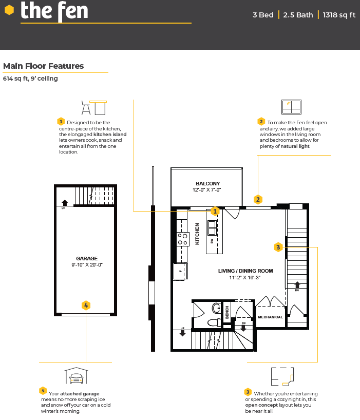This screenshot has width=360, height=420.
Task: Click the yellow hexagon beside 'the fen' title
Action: (x=9, y=10)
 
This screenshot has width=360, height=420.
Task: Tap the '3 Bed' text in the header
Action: (x=263, y=15)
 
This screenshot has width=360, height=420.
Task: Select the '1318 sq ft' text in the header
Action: (x=339, y=15)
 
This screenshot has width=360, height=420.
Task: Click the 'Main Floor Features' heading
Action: (x=43, y=66)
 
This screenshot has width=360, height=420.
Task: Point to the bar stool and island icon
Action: (x=94, y=108)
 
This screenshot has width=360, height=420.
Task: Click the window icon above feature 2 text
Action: (x=291, y=107)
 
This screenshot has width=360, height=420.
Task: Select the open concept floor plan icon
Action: (x=282, y=376)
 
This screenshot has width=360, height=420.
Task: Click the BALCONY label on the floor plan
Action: (x=207, y=183)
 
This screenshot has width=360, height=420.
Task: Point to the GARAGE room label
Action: (x=87, y=258)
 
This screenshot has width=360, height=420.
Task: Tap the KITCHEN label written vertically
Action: (x=197, y=234)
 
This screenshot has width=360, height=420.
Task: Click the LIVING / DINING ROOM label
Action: (x=245, y=271)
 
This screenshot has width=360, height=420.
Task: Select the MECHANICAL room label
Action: (x=270, y=317)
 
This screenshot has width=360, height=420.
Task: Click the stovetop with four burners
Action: (x=183, y=239)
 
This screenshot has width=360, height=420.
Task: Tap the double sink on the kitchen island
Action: (x=212, y=227)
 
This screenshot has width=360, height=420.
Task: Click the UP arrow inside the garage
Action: (x=65, y=203)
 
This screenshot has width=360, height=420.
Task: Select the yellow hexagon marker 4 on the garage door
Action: (x=86, y=305)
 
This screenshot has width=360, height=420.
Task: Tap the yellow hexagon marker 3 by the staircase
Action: (x=278, y=247)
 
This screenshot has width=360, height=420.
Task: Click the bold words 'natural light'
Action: (x=295, y=146)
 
